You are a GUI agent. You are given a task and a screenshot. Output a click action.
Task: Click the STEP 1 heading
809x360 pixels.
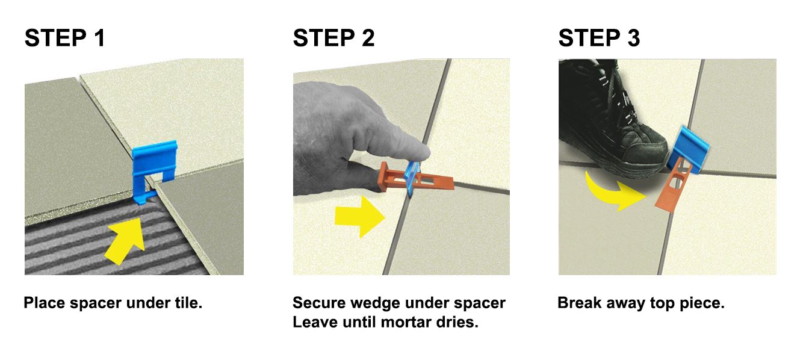[x=65, y=38]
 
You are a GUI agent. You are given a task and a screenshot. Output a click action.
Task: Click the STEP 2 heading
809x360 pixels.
[x=333, y=38]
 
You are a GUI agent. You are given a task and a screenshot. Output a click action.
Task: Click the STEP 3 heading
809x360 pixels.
[x=599, y=38]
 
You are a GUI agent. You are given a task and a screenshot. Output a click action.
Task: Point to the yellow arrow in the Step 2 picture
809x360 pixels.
[x=359, y=219]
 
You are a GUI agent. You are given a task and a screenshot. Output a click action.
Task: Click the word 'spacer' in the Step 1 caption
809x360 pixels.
[x=95, y=303]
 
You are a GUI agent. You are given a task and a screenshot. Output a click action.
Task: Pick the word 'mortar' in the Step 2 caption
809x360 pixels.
[x=409, y=322]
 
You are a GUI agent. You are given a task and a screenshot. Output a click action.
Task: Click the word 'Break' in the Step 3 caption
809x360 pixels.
[x=579, y=303]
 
